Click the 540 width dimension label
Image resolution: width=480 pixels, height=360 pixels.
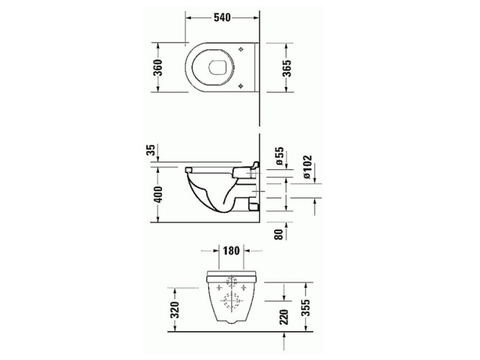[x=221, y=19]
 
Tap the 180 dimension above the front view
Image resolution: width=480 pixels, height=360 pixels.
[x=232, y=251]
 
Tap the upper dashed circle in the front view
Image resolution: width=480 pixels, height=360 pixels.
[x=232, y=282]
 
